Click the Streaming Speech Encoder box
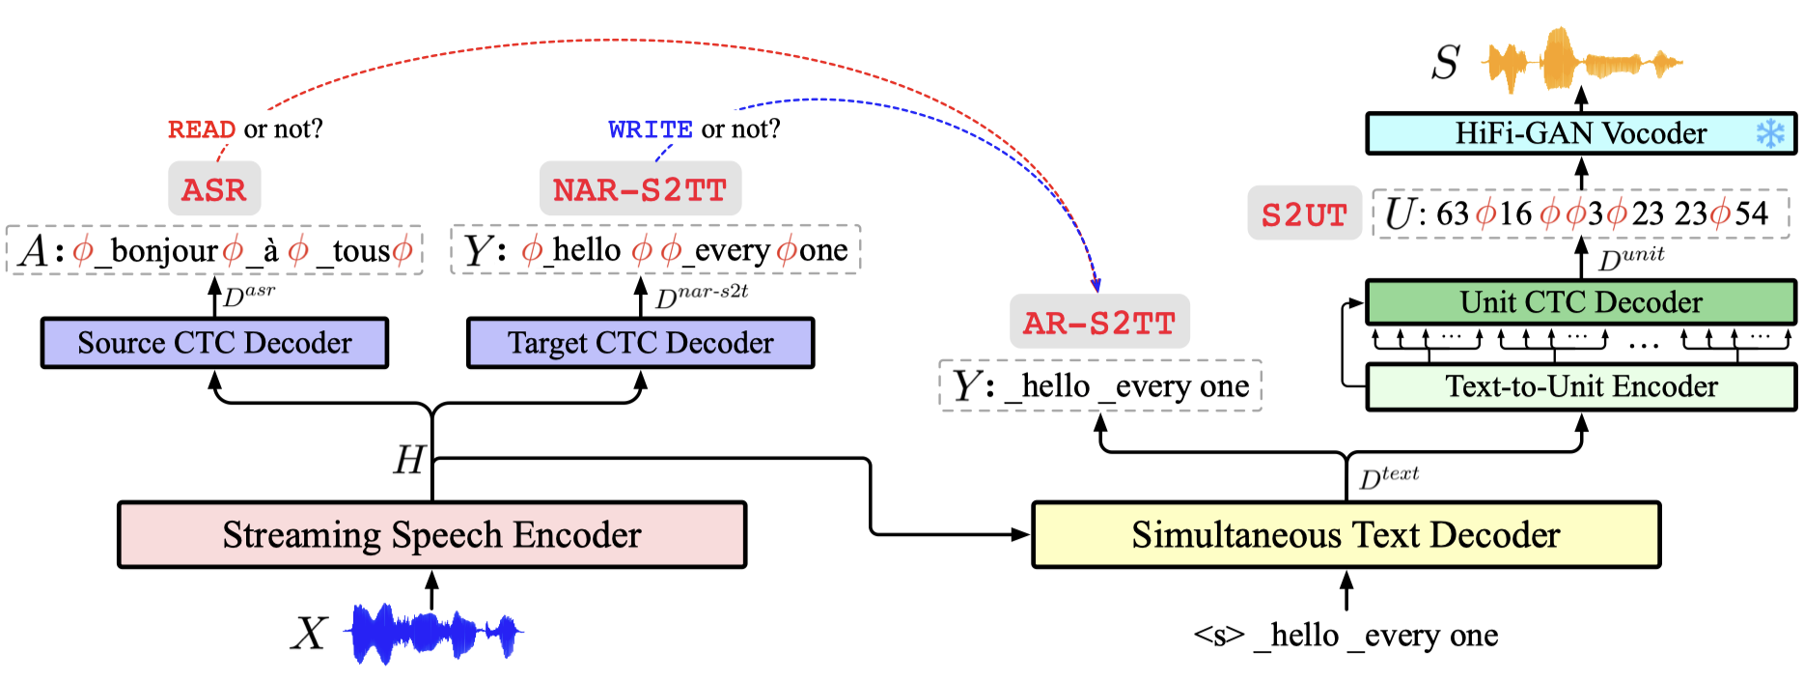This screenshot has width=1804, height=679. click(x=431, y=534)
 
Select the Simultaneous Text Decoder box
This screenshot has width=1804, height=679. click(x=1346, y=534)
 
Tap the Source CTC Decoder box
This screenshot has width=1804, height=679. click(x=214, y=343)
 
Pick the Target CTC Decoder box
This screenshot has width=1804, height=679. click(x=640, y=343)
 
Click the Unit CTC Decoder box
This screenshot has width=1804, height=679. click(x=1580, y=302)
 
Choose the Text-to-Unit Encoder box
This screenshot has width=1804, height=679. click(x=1580, y=386)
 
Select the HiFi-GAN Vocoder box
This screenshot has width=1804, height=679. click(x=1580, y=133)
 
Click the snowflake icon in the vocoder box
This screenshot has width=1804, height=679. click(x=1770, y=133)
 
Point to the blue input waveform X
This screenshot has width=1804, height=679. click(x=434, y=634)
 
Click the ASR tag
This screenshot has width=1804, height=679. click(x=214, y=189)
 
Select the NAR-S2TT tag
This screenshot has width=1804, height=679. click(x=640, y=189)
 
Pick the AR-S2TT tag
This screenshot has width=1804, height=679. click(x=1099, y=323)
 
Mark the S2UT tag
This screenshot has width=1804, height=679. click(x=1304, y=214)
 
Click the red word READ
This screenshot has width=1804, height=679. click(x=202, y=129)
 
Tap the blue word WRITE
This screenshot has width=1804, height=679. click(x=651, y=129)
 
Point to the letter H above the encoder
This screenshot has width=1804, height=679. click(x=409, y=460)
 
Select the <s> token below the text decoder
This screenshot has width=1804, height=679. click(x=1218, y=636)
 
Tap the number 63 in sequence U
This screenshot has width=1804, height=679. click(x=1453, y=213)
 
